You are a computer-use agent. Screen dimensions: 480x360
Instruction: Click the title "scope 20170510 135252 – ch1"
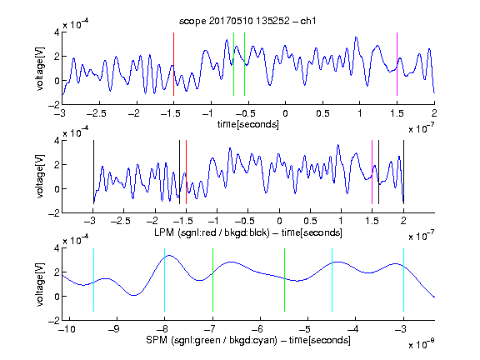(247, 21)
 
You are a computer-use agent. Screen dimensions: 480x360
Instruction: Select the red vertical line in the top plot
(173, 64)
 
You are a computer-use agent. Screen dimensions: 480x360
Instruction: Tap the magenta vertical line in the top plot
(397, 64)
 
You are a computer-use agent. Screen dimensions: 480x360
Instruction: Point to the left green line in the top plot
(233, 64)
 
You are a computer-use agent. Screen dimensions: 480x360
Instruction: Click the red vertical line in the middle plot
(186, 172)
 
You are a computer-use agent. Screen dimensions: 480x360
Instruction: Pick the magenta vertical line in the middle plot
(372, 172)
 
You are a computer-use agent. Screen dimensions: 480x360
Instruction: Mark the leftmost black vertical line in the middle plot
(93, 172)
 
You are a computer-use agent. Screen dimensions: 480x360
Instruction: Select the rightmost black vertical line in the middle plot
(403, 172)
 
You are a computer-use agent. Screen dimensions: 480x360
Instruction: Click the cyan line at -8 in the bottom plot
(164, 280)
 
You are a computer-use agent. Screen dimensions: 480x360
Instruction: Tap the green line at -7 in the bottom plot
(212, 280)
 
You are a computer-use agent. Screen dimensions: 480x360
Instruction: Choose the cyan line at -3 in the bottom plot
(403, 280)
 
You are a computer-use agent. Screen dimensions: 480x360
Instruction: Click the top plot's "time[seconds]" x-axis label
(248, 124)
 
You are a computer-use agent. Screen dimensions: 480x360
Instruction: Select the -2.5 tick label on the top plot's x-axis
(97, 113)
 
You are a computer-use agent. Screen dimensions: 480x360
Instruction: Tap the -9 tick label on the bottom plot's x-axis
(114, 329)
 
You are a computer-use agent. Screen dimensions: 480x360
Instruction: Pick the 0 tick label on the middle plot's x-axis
(279, 221)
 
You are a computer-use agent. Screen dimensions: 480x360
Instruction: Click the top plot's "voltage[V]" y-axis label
(40, 68)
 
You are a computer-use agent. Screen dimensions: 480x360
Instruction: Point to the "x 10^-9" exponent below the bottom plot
(422, 343)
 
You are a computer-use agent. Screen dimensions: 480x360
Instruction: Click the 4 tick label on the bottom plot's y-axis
(57, 248)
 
